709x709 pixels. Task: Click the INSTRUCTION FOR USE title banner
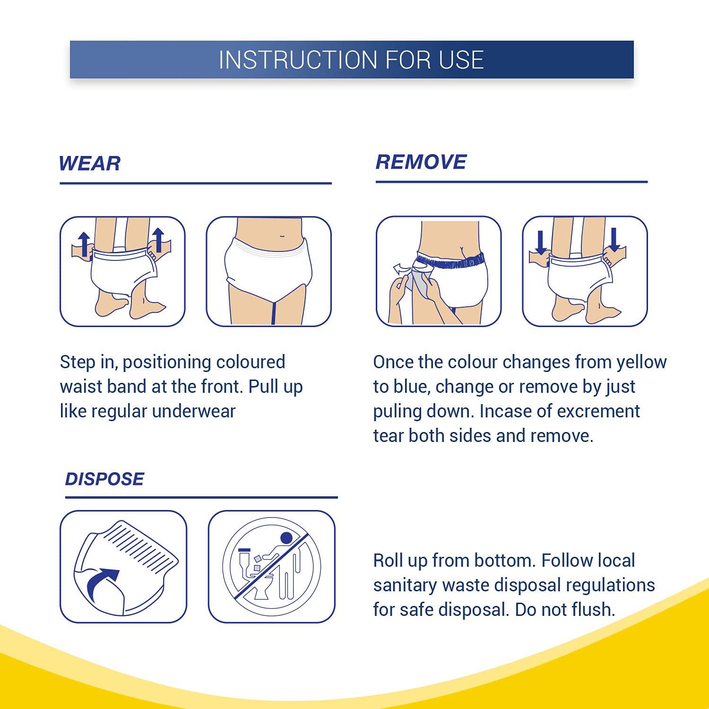pos(352,60)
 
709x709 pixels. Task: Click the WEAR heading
pos(90,164)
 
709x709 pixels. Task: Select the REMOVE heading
pos(421,162)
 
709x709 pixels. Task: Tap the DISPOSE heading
pos(104,479)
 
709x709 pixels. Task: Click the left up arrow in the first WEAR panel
pos(84,243)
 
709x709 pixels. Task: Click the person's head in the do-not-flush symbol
pos(286,538)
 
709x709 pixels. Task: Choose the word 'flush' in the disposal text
pos(593,610)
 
